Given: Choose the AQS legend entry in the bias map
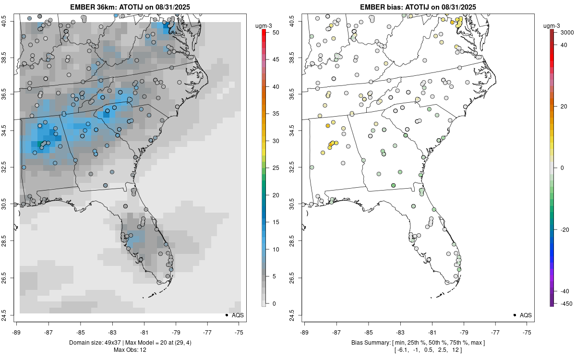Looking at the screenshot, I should (x=525, y=315).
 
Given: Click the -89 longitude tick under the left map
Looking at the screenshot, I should (x=16, y=331).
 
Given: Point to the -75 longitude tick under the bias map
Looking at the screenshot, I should (x=528, y=331).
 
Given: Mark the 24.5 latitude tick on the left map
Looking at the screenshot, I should (x=10, y=315).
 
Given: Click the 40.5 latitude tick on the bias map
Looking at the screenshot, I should (x=298, y=21).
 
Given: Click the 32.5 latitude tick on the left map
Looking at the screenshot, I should (x=10, y=168).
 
